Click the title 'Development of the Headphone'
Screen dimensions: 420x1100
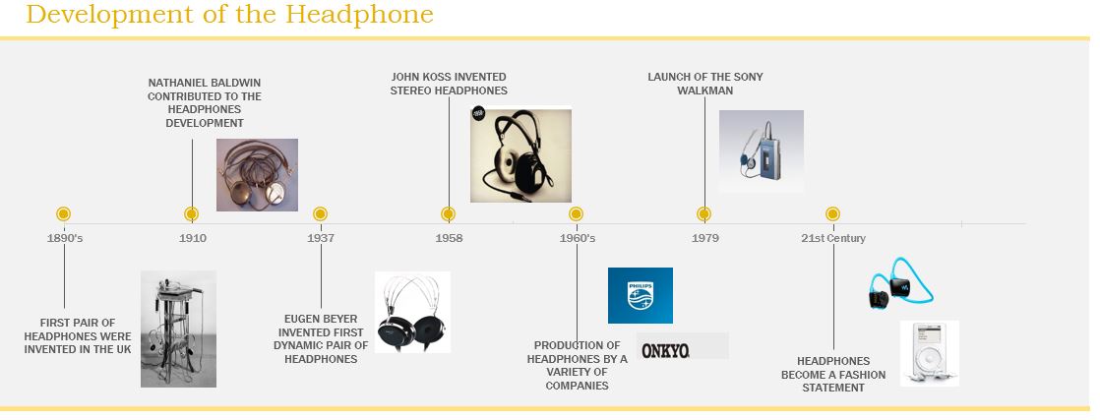(229, 15)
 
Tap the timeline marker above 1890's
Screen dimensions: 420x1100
(64, 213)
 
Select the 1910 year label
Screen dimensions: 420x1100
(193, 238)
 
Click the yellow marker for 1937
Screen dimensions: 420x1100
(320, 213)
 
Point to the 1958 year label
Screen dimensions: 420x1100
(449, 238)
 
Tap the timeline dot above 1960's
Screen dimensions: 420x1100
(576, 213)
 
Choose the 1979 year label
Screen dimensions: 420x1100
(704, 238)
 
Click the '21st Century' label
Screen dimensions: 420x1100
(832, 238)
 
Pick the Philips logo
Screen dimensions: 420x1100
(640, 295)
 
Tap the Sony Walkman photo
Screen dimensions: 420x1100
(761, 151)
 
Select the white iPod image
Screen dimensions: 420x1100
(929, 353)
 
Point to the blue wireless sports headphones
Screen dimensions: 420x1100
(899, 284)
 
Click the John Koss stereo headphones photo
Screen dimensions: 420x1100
(520, 154)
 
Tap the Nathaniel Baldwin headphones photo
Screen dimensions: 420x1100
(257, 175)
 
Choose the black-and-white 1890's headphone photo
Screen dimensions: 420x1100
(178, 329)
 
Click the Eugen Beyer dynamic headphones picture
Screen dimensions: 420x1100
(412, 312)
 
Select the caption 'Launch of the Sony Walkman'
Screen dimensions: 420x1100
(704, 84)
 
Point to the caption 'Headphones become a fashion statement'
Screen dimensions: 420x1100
(833, 374)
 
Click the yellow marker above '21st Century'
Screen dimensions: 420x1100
(832, 213)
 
